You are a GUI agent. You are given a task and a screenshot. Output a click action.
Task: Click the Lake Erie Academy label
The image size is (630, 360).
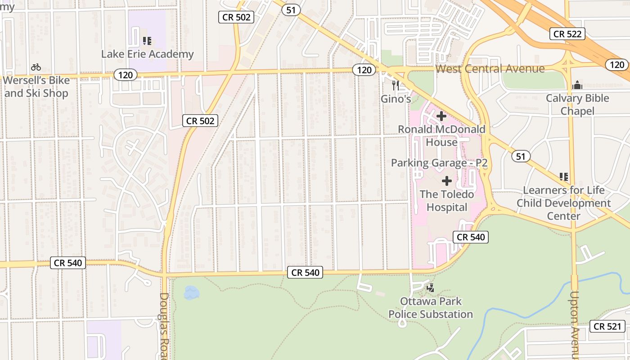pyautogui.click(x=147, y=54)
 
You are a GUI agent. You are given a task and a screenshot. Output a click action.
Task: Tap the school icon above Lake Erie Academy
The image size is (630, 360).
pyautogui.click(x=147, y=41)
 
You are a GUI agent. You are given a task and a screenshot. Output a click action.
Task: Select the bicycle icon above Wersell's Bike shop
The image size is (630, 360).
pyautogui.click(x=36, y=67)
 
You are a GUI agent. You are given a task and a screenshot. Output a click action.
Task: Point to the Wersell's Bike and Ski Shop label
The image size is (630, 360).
pyautogui.click(x=36, y=87)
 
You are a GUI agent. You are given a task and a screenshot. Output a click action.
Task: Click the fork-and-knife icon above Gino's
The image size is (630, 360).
pyautogui.click(x=396, y=85)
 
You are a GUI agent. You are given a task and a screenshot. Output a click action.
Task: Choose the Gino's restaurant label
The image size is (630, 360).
pyautogui.click(x=396, y=99)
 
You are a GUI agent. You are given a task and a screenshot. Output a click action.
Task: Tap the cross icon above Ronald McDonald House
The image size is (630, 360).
pyautogui.click(x=441, y=116)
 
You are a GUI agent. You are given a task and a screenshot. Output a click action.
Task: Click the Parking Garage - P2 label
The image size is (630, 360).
pyautogui.click(x=439, y=162)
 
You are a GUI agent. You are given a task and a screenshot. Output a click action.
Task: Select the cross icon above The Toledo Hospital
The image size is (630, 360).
pyautogui.click(x=447, y=181)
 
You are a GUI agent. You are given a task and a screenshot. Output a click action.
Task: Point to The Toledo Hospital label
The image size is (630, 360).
pyautogui.click(x=447, y=201)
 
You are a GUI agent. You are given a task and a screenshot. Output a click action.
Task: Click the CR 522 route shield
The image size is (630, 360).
pyautogui.click(x=567, y=34)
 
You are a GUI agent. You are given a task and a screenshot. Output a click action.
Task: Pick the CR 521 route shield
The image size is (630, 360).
pyautogui.click(x=607, y=327)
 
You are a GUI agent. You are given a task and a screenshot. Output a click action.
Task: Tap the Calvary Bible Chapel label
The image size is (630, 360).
pyautogui.click(x=577, y=104)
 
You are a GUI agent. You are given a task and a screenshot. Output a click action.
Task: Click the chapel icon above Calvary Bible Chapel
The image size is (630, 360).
pyautogui.click(x=577, y=85)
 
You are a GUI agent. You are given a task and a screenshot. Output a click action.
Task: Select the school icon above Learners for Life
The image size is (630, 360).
pyautogui.click(x=563, y=177)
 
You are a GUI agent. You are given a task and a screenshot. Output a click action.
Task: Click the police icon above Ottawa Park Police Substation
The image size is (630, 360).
pyautogui.click(x=431, y=288)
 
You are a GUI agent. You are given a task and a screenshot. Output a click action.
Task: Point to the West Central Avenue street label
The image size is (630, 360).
pyautogui.click(x=490, y=69)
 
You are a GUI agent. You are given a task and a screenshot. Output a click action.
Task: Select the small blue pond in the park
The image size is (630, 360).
pyautogui.click(x=191, y=292)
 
